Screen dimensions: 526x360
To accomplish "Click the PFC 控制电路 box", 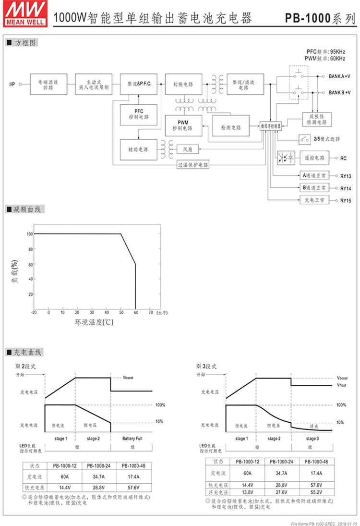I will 139,114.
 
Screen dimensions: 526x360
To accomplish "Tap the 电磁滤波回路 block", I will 48,84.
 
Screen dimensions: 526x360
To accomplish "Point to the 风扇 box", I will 188,149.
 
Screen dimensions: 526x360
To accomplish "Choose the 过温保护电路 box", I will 193,165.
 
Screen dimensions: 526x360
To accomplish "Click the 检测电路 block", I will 230,128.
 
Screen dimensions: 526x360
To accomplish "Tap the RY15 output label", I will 346,200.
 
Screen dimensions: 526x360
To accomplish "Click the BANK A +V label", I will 339,76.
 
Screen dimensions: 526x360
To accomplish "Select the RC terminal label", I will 343,158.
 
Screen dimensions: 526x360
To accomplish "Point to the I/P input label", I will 12,85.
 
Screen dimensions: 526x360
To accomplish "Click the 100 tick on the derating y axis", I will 30,234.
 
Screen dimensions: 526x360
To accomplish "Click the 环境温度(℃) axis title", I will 94,322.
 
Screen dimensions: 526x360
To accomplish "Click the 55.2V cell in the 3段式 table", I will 315,492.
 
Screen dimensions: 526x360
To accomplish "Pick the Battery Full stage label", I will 132,439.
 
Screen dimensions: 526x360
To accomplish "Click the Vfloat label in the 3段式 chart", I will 342,385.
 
